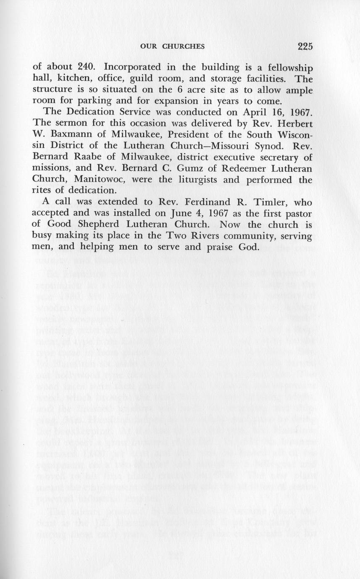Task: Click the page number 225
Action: click(x=306, y=46)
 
